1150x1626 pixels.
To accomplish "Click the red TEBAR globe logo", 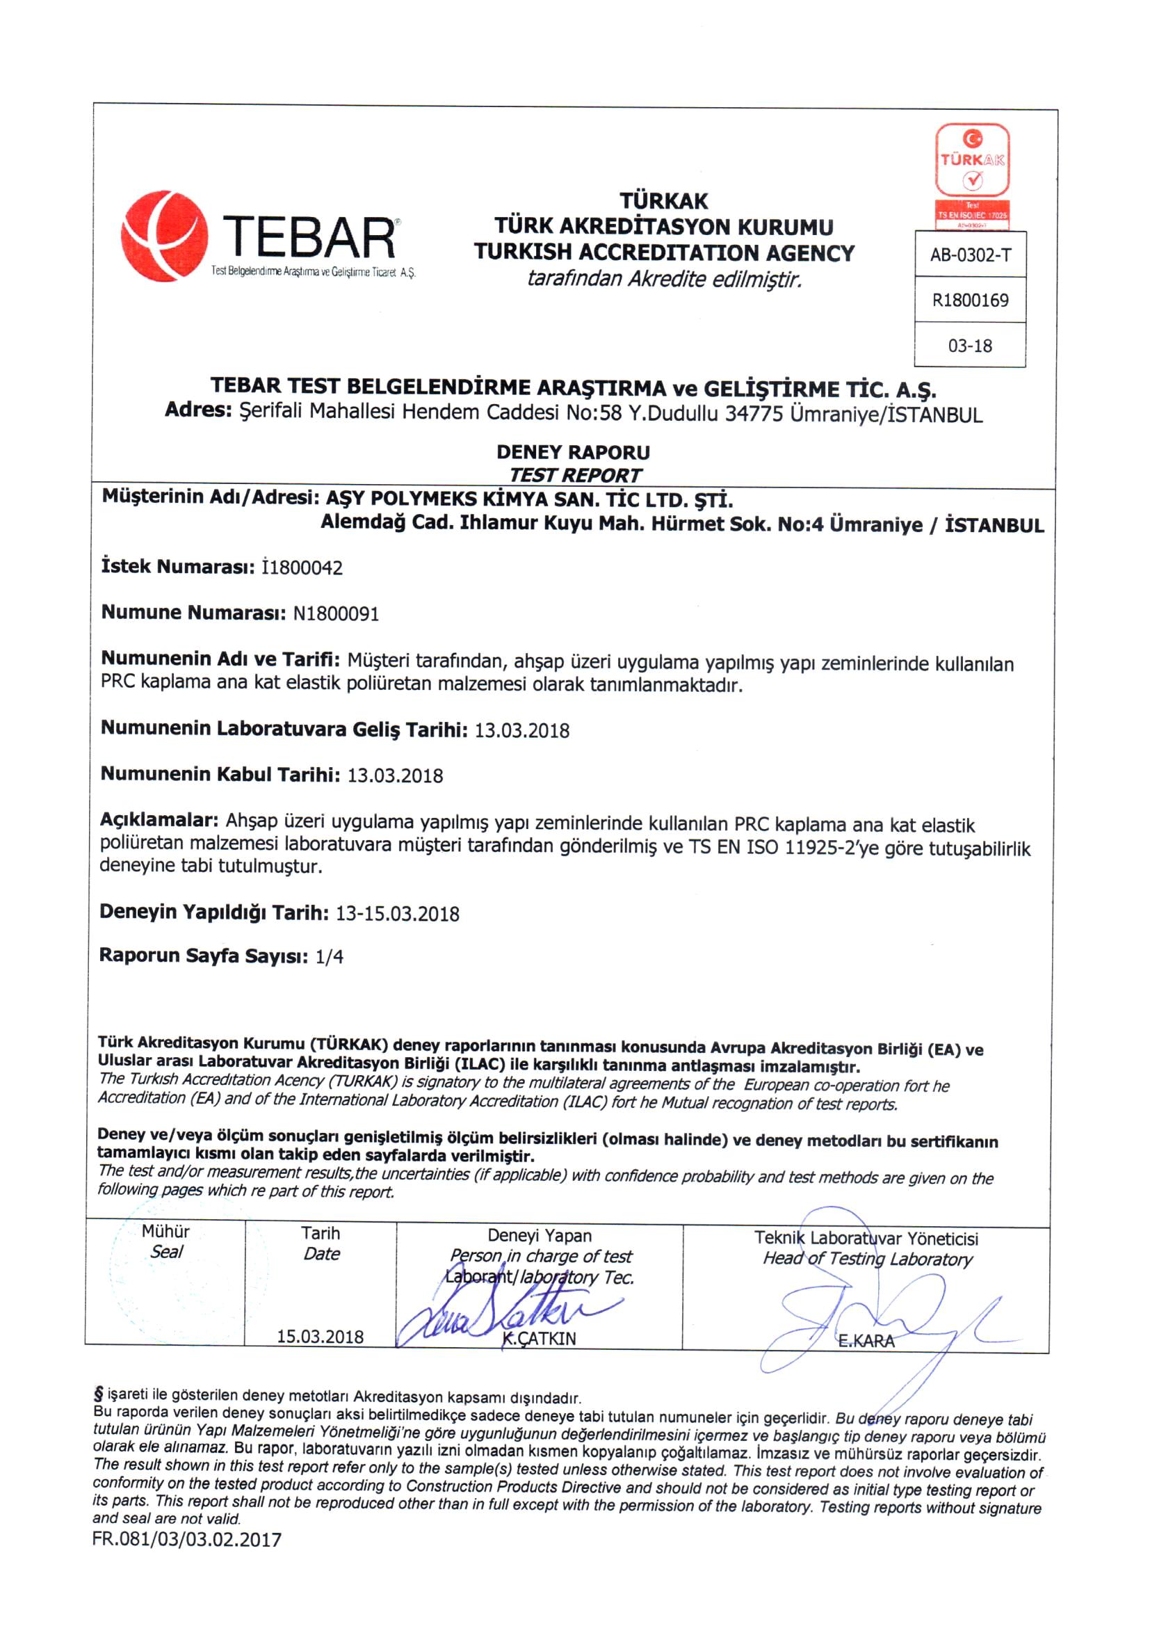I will click(x=164, y=236).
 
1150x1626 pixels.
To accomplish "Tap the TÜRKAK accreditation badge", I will click(x=972, y=175).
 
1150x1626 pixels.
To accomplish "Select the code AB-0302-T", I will click(x=970, y=255).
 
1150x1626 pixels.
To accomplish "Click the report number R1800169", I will click(x=970, y=300).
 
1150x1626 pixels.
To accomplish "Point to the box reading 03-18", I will click(x=970, y=346).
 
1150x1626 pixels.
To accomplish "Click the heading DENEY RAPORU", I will click(x=573, y=452).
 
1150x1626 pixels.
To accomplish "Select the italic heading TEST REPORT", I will click(x=575, y=474).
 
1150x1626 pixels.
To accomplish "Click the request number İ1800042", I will click(x=302, y=568).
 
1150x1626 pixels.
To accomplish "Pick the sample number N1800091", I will click(x=336, y=613).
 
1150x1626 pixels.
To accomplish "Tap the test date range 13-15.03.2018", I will click(x=397, y=914).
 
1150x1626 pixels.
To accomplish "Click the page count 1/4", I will click(x=330, y=957).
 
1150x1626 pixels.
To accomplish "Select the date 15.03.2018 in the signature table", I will click(x=320, y=1337).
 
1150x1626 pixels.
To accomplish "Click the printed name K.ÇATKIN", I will click(x=539, y=1339).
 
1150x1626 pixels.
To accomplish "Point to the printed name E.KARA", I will click(x=866, y=1341).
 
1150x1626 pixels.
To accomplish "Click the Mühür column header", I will click(x=165, y=1232).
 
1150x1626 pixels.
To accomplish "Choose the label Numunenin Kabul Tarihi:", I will click(x=220, y=774).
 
